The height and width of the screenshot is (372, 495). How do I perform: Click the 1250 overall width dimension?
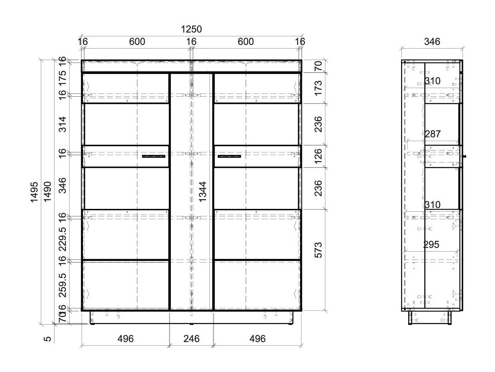(x=192, y=29)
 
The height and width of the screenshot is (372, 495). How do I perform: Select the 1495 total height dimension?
(x=34, y=192)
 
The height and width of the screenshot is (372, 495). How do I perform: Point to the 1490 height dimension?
(x=47, y=192)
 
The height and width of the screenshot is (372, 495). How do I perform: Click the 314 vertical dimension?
(x=63, y=124)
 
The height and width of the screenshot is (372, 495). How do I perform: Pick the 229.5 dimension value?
(x=63, y=238)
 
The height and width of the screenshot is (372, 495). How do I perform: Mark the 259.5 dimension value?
(x=63, y=285)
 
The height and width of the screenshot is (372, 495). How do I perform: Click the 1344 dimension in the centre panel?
(x=203, y=192)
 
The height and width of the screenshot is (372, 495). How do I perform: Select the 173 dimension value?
(x=318, y=88)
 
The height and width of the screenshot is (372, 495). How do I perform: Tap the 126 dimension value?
(x=318, y=156)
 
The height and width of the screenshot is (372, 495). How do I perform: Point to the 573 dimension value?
(x=318, y=250)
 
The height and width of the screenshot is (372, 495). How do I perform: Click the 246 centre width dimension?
(x=191, y=339)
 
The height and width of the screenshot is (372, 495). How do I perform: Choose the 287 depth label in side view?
(x=433, y=134)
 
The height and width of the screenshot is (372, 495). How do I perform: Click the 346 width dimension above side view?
(x=432, y=42)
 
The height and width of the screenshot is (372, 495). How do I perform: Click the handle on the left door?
(x=154, y=156)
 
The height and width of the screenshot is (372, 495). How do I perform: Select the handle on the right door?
(x=229, y=156)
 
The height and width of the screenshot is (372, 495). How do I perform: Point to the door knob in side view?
(x=464, y=156)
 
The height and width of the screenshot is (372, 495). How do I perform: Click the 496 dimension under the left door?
(x=126, y=339)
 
